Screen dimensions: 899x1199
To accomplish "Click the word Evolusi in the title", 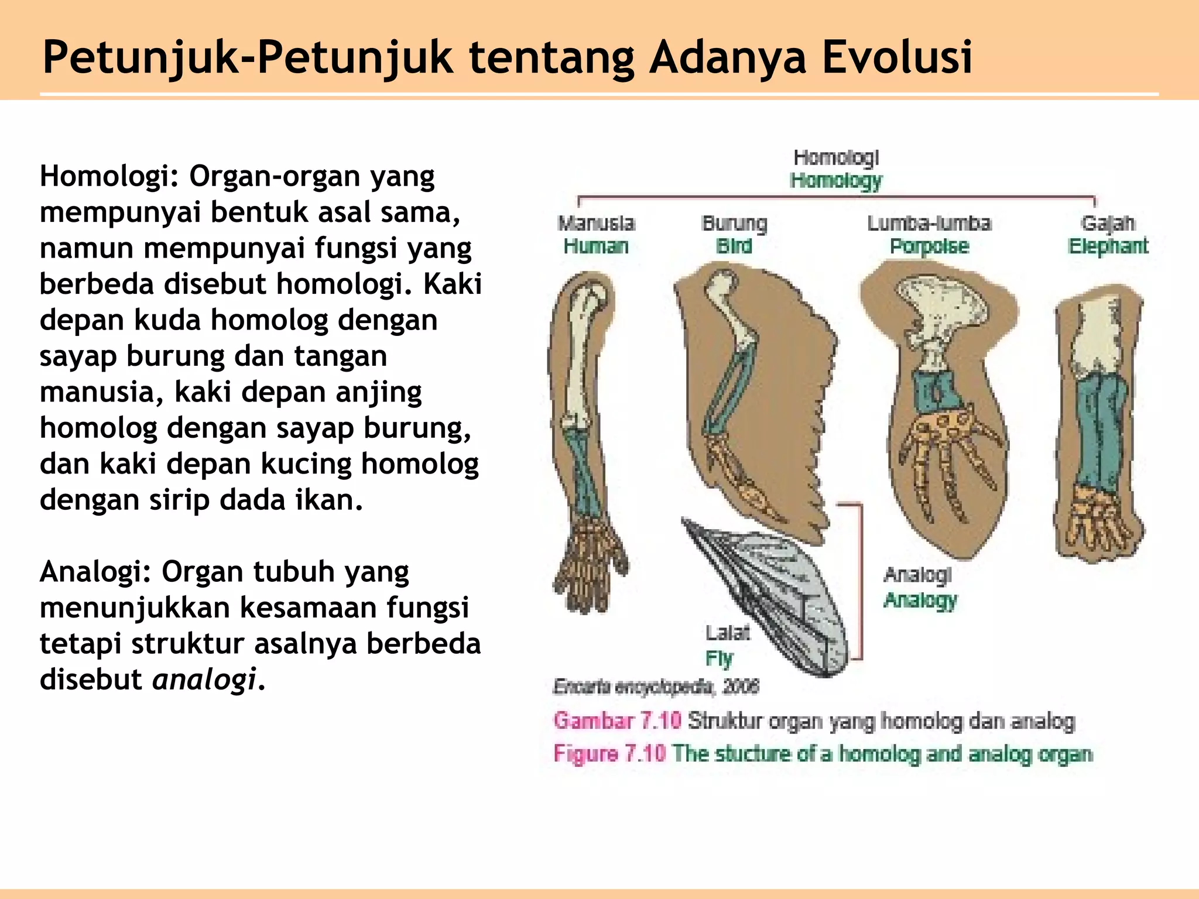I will pyautogui.click(x=897, y=57).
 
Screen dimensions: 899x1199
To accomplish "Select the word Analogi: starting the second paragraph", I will pyautogui.click(x=95, y=572).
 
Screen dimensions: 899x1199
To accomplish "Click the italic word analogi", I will pyautogui.click(x=204, y=680).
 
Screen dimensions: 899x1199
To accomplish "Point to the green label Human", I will pyautogui.click(x=595, y=246).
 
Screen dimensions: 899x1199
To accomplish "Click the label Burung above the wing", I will pyautogui.click(x=734, y=223).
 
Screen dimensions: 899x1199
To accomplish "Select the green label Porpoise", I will pyautogui.click(x=929, y=246).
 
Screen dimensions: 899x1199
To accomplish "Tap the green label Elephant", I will pyautogui.click(x=1108, y=246).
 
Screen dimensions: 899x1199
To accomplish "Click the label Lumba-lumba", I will pyautogui.click(x=929, y=223).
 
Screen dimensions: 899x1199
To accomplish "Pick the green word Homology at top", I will pyautogui.click(x=836, y=181).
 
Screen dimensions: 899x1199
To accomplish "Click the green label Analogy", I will pyautogui.click(x=920, y=600).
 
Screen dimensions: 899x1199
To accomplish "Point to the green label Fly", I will pyautogui.click(x=719, y=658).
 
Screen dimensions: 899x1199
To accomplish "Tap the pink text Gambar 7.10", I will pyautogui.click(x=617, y=720).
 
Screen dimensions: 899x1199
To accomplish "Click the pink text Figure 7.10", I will pyautogui.click(x=609, y=753).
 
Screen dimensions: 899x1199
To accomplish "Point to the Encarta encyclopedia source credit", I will pyautogui.click(x=656, y=687).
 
